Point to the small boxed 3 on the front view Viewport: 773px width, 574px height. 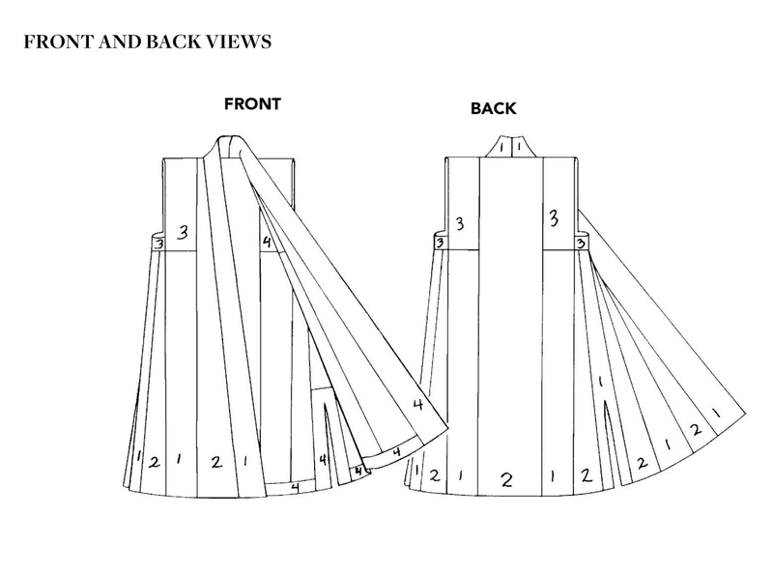157,244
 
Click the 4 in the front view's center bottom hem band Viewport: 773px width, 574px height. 294,488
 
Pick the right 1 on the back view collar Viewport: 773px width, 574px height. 519,148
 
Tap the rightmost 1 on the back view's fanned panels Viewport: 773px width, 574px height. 714,413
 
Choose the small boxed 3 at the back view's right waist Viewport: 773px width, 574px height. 582,242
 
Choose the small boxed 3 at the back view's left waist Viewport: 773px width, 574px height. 439,243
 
